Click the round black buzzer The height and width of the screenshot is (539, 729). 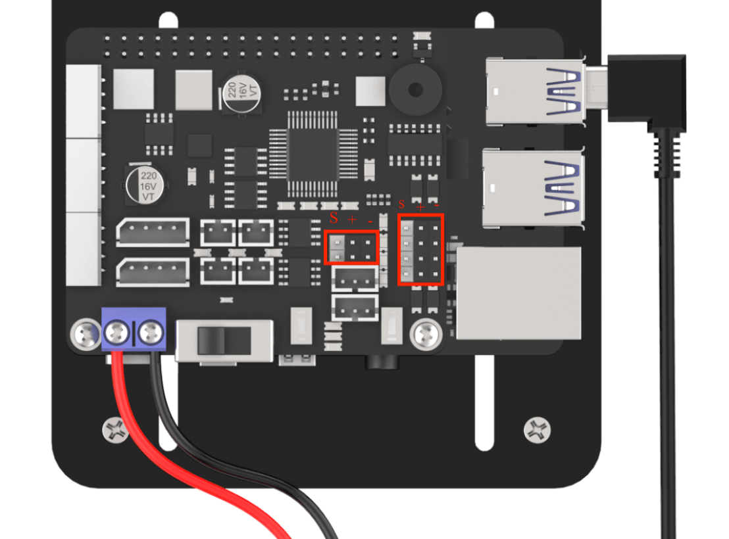(x=415, y=89)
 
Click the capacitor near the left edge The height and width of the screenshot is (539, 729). (x=145, y=184)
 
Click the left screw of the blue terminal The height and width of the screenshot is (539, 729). (x=116, y=332)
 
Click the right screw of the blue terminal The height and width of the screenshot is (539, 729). (x=151, y=332)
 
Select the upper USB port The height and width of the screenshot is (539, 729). (x=535, y=91)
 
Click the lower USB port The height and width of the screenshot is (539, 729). (x=534, y=188)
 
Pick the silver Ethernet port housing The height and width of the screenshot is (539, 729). (x=518, y=293)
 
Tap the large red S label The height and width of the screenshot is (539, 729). (x=334, y=218)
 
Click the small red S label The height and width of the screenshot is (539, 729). (x=402, y=204)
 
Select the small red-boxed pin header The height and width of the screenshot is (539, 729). (x=352, y=248)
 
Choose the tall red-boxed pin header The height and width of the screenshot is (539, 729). (x=421, y=250)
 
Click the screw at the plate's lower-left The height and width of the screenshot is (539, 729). (x=115, y=431)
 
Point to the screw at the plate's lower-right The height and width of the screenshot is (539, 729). (x=537, y=431)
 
